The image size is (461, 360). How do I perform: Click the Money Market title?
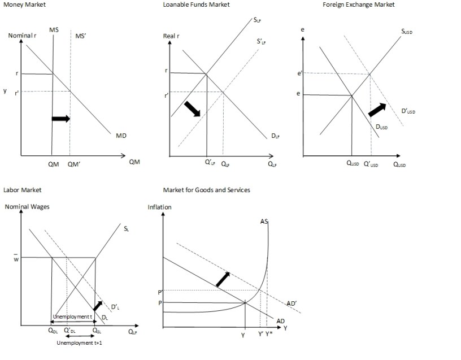pyautogui.click(x=24, y=5)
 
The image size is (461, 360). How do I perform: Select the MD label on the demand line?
pyautogui.click(x=121, y=136)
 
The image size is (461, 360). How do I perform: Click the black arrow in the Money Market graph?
pyautogui.click(x=60, y=118)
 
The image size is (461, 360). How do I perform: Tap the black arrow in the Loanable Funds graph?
pyautogui.click(x=192, y=109)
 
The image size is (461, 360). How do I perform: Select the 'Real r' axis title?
pyautogui.click(x=171, y=36)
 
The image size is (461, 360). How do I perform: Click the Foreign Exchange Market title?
pyautogui.click(x=358, y=5)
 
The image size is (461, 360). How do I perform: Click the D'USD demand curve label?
pyautogui.click(x=408, y=111)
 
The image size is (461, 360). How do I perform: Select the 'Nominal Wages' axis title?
pyautogui.click(x=27, y=207)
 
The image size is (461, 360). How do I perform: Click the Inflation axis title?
pyautogui.click(x=159, y=207)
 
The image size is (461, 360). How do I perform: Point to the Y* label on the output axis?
pyautogui.click(x=269, y=334)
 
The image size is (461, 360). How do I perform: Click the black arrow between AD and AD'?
pyautogui.click(x=223, y=279)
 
